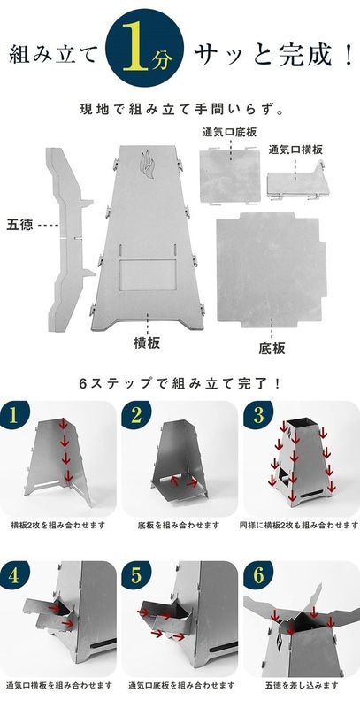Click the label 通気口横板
[x=295, y=150]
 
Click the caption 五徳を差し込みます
[x=301, y=686]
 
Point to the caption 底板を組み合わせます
[x=180, y=526]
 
